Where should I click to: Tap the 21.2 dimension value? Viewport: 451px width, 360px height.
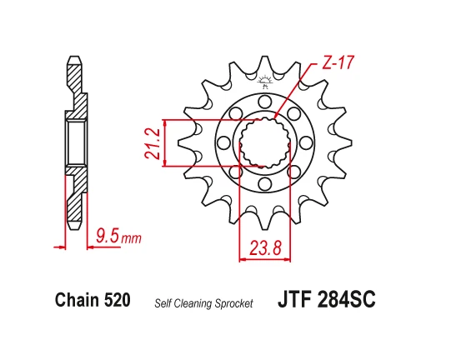pos(153,142)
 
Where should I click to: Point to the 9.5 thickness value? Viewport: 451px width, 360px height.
pos(107,238)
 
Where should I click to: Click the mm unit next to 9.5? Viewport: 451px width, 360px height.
pos(131,240)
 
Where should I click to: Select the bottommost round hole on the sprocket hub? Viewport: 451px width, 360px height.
pos(265,184)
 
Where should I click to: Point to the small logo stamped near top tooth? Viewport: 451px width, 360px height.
pos(266,82)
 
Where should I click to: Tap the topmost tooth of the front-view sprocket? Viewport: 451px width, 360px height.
pos(265,59)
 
